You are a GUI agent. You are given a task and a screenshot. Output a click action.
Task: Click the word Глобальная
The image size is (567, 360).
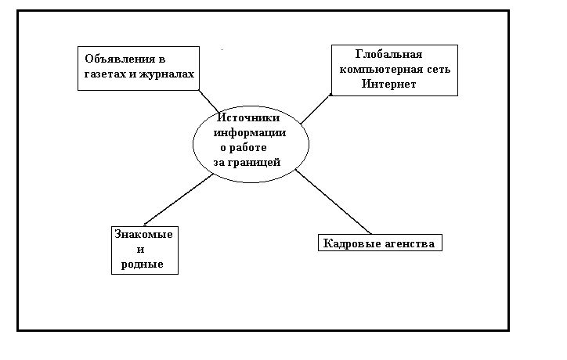(x=388, y=55)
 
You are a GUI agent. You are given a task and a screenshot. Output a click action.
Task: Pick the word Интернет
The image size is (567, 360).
(x=388, y=83)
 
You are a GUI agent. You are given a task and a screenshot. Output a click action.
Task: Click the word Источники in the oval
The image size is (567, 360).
(x=248, y=118)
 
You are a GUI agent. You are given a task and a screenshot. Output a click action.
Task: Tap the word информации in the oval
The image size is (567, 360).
(x=251, y=133)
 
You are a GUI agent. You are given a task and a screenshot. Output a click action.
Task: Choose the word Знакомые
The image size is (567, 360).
(x=143, y=235)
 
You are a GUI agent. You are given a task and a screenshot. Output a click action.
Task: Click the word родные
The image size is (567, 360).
(x=143, y=265)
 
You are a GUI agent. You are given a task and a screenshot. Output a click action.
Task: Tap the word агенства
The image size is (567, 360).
(x=408, y=243)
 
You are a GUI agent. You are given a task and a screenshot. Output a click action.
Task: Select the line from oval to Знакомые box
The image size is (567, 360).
(x=179, y=200)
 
